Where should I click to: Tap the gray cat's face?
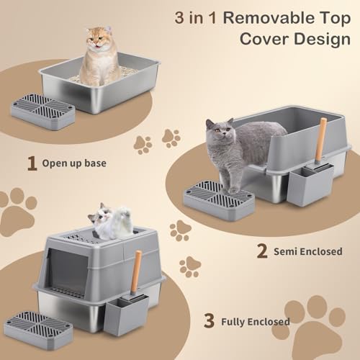click(221, 130)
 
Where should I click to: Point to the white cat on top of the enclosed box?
click(110, 221)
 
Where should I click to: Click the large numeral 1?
click(32, 163)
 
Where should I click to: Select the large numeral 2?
click(262, 251)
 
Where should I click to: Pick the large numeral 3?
click(209, 320)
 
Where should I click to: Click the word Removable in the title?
click(268, 18)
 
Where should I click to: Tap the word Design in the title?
click(322, 40)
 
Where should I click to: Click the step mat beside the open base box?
click(43, 112)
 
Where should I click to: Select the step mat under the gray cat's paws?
click(219, 200)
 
